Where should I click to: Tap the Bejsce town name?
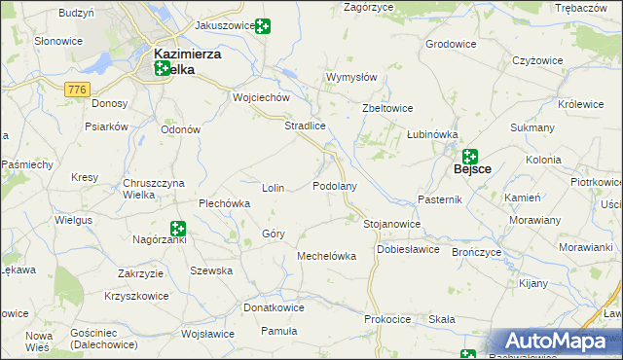[473, 169]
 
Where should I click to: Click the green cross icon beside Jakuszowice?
[263, 26]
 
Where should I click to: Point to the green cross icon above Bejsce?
[470, 155]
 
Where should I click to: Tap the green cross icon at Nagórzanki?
[178, 228]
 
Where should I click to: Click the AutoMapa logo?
[552, 342]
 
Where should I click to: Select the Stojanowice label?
[391, 224]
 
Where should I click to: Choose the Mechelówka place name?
[326, 256]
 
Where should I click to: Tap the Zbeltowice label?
[387, 108]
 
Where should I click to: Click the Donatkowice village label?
[274, 307]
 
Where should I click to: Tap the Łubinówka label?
[432, 134]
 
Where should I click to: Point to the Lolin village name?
[274, 188]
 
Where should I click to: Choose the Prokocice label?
[387, 319]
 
